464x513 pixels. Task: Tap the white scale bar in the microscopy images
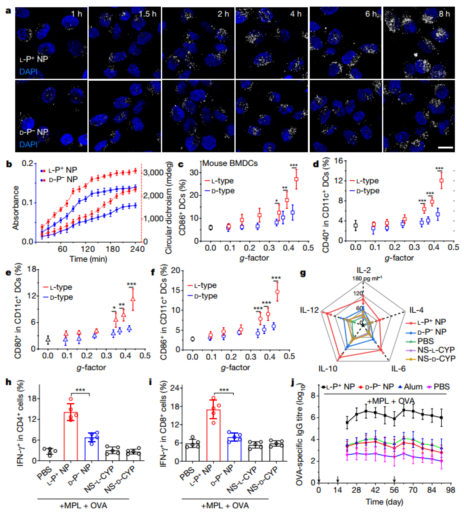(445, 147)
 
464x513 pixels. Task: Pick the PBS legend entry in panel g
(425, 341)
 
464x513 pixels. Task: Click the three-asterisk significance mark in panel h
(80, 390)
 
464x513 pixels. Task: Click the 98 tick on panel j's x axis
(450, 490)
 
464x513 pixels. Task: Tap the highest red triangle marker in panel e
(133, 300)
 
